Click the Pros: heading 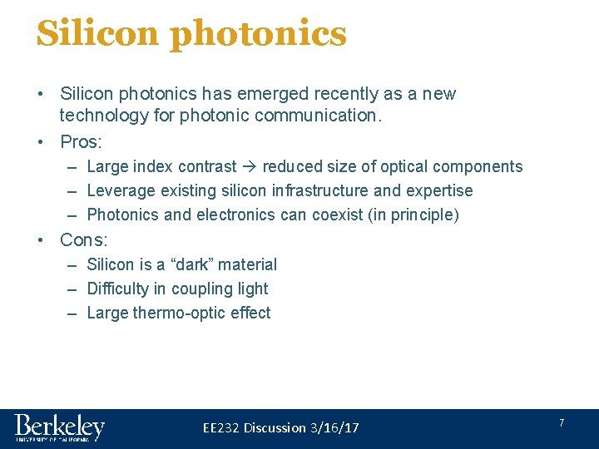pos(80,141)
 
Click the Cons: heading pos(84,240)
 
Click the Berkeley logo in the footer pos(59,428)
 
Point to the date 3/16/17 pos(334,427)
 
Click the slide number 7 pos(561,423)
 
